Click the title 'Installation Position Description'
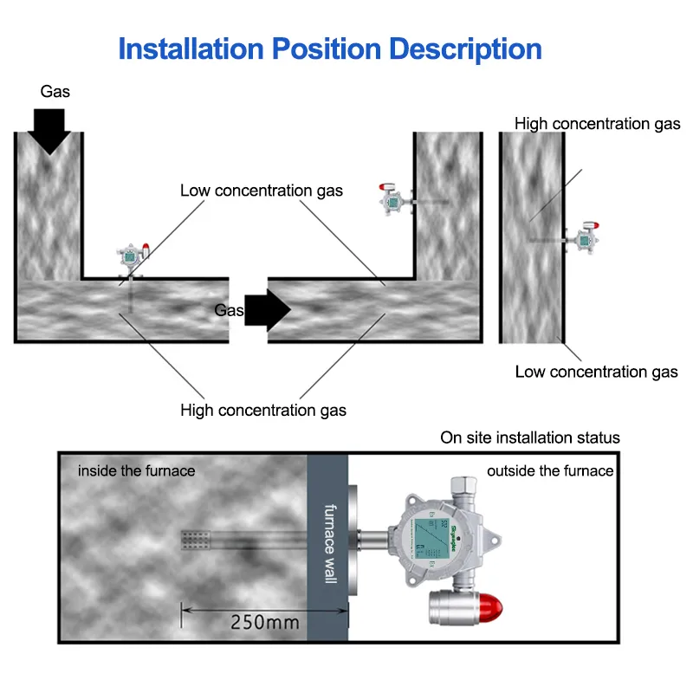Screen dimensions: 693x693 click(x=330, y=49)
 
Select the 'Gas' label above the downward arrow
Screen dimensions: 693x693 click(x=55, y=91)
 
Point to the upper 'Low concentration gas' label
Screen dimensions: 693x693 click(x=262, y=191)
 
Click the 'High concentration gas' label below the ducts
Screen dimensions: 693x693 click(x=263, y=410)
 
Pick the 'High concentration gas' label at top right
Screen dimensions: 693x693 click(x=598, y=124)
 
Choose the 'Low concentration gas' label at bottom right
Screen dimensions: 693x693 click(x=596, y=372)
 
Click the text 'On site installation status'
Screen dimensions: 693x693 click(x=530, y=437)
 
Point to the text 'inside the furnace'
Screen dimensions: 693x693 click(x=137, y=471)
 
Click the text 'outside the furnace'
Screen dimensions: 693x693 click(x=550, y=471)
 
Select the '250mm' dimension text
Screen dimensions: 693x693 click(x=265, y=621)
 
